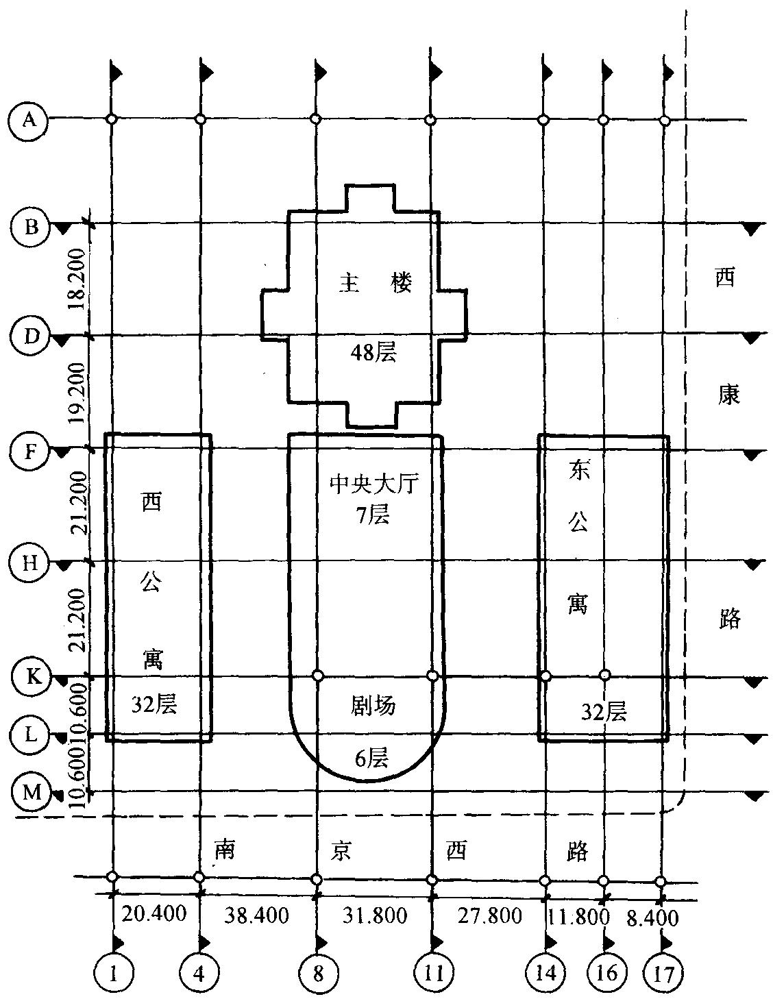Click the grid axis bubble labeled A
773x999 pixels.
tap(28, 121)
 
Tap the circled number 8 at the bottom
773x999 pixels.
tap(317, 972)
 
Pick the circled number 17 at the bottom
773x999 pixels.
tap(663, 972)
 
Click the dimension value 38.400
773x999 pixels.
tap(257, 915)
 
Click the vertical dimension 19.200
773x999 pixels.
tap(78, 392)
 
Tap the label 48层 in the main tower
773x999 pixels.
tap(373, 353)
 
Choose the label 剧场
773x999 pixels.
tap(373, 705)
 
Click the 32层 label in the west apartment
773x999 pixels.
tap(155, 704)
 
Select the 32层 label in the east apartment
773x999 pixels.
tap(604, 712)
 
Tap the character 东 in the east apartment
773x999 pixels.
tap(578, 472)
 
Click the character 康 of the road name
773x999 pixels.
tap(728, 394)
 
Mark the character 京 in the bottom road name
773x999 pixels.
tap(340, 850)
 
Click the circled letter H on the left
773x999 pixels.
tap(29, 563)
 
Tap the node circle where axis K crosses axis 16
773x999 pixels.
tap(604, 675)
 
